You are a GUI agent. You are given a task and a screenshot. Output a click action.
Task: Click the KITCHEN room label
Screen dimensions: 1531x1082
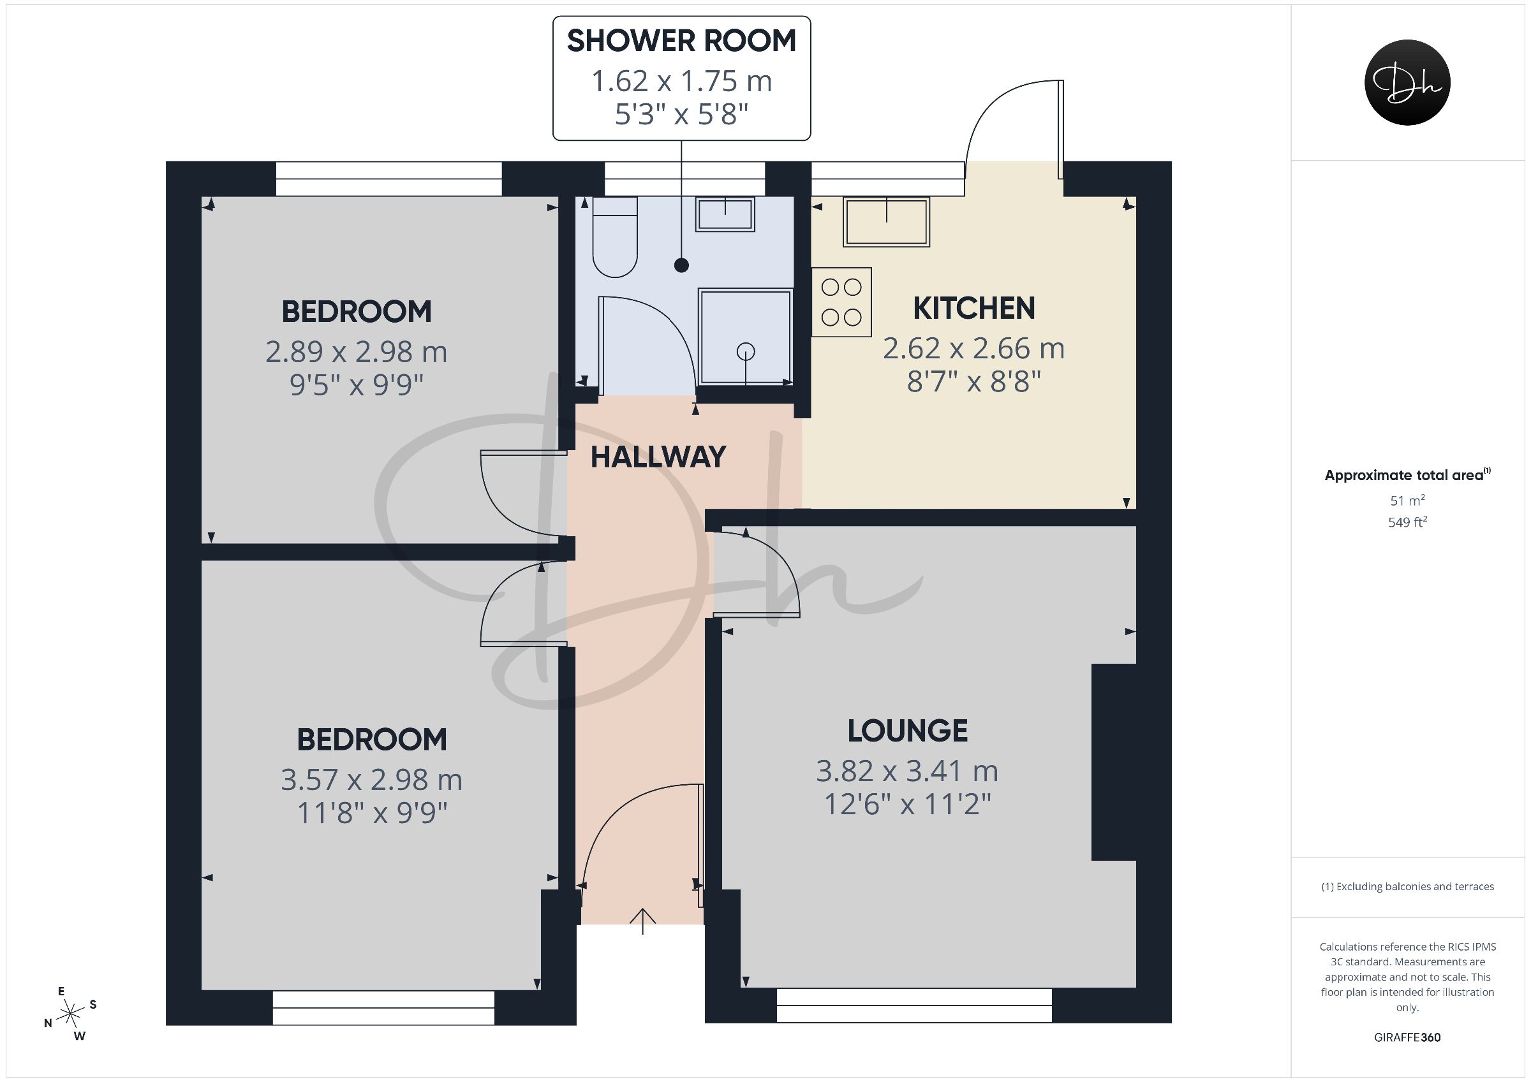(x=973, y=308)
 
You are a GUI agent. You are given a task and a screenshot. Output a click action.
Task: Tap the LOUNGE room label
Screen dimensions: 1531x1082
(x=908, y=731)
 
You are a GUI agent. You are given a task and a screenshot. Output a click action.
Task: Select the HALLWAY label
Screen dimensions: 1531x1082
(x=658, y=457)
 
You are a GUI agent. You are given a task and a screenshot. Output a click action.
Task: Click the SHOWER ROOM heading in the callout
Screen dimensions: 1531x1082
(x=681, y=41)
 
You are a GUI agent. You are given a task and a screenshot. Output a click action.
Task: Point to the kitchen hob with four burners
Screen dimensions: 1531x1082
(x=841, y=302)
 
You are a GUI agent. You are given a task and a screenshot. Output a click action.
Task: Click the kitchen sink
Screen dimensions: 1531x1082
(x=886, y=222)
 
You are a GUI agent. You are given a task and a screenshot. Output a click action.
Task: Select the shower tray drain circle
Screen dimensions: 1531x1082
(x=745, y=351)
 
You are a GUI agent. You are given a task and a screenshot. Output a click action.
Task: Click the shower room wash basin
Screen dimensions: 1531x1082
(x=725, y=214)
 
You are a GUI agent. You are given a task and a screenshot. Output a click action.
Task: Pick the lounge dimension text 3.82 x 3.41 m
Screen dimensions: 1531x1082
(x=908, y=771)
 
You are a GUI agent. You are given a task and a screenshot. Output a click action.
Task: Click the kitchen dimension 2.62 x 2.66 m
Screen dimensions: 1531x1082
(x=973, y=349)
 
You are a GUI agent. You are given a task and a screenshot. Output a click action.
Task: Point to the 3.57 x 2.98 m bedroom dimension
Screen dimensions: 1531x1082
(x=371, y=780)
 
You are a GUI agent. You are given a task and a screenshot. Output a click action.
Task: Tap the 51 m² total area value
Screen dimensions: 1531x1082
(x=1407, y=500)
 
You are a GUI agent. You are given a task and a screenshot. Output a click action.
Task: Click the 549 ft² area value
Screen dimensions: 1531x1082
(x=1407, y=522)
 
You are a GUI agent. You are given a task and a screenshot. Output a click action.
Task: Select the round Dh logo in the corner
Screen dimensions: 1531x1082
(x=1408, y=82)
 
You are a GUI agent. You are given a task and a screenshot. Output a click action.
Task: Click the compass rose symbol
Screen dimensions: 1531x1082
(x=70, y=1014)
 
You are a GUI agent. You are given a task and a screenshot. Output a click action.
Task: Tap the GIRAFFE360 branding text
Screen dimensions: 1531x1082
(x=1407, y=1037)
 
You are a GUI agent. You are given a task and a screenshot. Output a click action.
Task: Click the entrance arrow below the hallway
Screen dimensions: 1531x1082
(x=643, y=921)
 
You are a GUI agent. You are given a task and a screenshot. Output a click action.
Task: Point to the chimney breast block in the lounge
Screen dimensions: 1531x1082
(x=1114, y=762)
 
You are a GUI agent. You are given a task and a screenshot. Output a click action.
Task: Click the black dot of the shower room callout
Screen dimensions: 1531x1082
(x=681, y=265)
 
